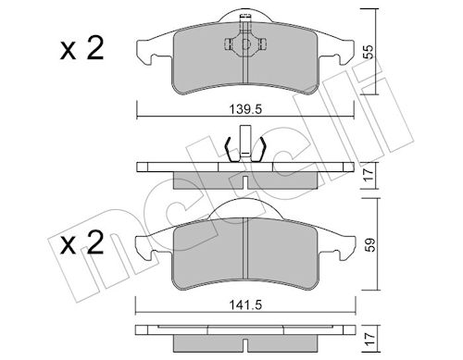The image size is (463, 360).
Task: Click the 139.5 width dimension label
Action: tap(245, 109)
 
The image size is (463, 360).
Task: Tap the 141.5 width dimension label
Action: tap(245, 305)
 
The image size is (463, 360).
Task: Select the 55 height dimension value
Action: tap(368, 52)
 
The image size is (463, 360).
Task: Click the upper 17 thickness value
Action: tap(369, 175)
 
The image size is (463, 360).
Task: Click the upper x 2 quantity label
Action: tap(82, 49)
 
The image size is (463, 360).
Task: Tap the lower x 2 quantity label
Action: tap(82, 243)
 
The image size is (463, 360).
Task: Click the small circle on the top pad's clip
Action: tap(245, 44)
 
